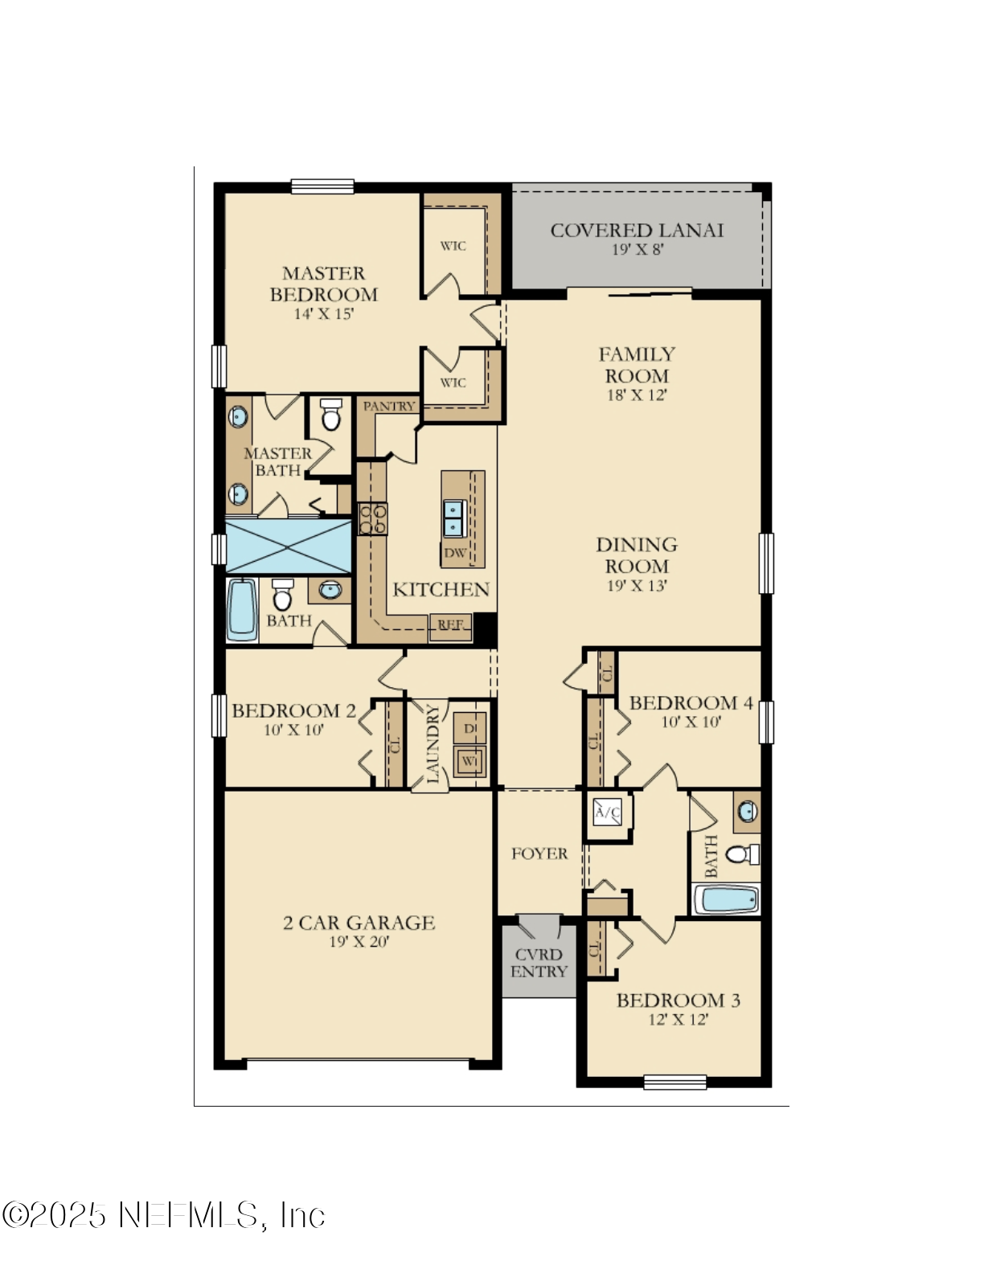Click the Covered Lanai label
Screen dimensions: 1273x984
click(x=637, y=231)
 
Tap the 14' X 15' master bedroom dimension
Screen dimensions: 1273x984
click(x=323, y=314)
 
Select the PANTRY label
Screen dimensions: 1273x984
click(x=389, y=407)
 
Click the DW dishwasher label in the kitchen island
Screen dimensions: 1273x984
click(x=455, y=553)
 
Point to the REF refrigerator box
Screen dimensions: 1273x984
click(x=451, y=625)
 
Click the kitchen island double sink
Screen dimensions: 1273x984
click(x=454, y=518)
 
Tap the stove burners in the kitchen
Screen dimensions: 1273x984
click(x=372, y=518)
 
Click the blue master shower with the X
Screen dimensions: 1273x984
click(x=288, y=546)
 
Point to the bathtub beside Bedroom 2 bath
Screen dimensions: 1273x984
click(x=241, y=609)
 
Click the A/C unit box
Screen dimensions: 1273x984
click(x=607, y=813)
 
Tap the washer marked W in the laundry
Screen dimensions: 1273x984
click(x=469, y=760)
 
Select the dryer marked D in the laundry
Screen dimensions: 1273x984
click(x=469, y=728)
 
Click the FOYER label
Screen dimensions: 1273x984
click(x=539, y=853)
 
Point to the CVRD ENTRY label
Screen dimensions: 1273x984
click(x=539, y=963)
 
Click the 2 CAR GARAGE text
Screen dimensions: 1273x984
click(x=359, y=923)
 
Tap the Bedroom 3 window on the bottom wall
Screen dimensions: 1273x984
click(x=675, y=1082)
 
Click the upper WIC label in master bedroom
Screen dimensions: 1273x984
click(x=453, y=246)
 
